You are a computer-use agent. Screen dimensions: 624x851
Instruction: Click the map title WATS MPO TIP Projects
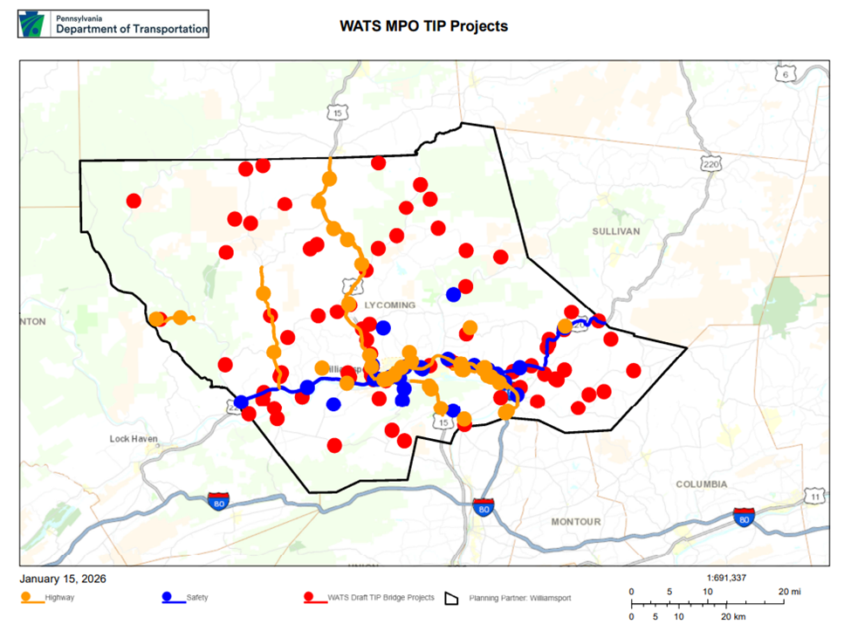pos(423,26)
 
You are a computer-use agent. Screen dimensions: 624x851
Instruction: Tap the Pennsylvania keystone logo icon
pos(35,24)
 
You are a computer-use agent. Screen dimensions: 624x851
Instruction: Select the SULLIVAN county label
pos(616,231)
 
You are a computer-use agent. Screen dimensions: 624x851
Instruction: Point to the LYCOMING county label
pos(391,305)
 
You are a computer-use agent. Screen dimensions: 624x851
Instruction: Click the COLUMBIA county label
pos(701,483)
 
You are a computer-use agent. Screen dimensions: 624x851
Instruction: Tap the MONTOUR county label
pos(575,521)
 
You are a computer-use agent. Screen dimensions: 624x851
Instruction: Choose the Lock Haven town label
pos(134,439)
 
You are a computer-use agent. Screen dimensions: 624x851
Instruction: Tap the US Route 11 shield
pos(814,497)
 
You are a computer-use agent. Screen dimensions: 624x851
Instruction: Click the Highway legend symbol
pos(32,598)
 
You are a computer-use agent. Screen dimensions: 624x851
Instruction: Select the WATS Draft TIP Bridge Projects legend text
pos(381,598)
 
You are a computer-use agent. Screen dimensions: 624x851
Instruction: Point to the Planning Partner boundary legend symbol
pos(452,598)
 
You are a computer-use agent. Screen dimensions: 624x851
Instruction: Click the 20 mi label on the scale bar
pos(789,592)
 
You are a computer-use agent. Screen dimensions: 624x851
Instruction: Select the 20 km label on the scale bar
pos(730,617)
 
